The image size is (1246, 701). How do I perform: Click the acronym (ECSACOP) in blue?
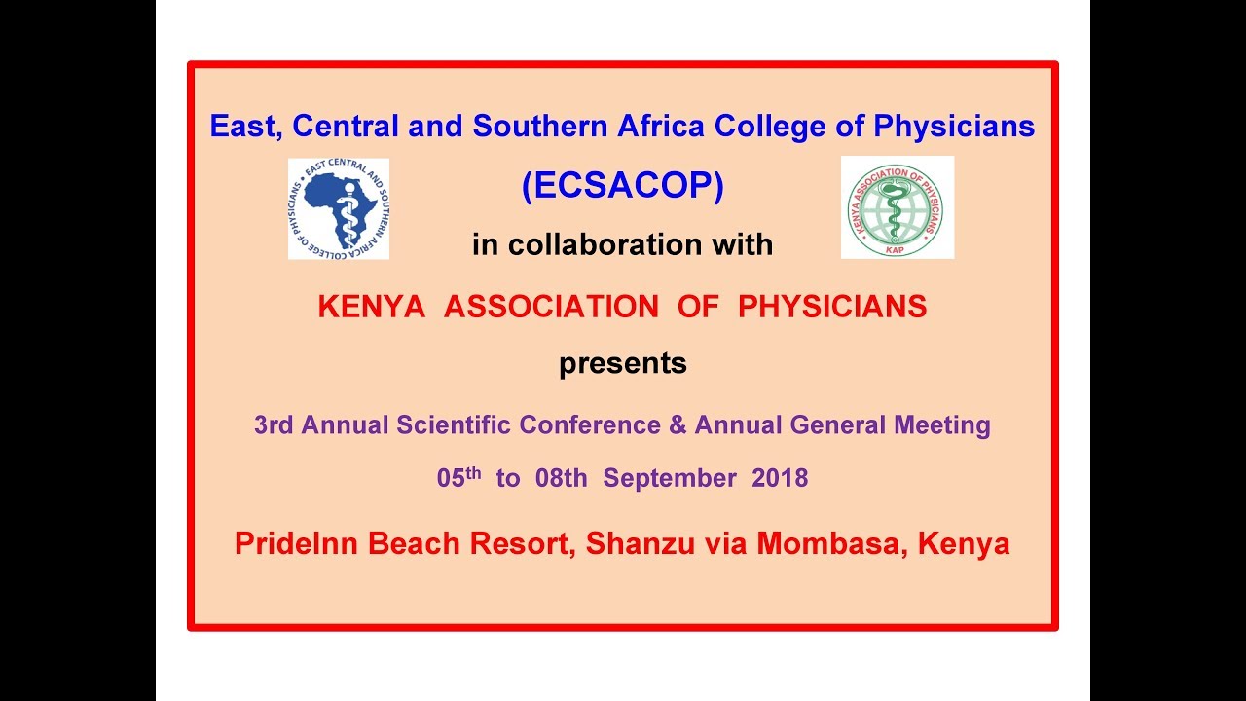pos(623,186)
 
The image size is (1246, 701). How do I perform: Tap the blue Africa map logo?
pos(339,208)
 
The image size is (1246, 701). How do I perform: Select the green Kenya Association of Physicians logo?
pos(897,207)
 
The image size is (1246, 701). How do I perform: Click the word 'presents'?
pos(623,364)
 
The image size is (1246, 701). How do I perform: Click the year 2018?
pos(780,479)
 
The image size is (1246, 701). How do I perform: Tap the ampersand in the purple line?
pos(676,425)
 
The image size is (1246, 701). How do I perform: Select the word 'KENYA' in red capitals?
pos(371,307)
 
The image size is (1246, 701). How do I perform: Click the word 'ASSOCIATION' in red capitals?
pos(551,307)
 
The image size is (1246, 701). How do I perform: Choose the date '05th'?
pos(458,477)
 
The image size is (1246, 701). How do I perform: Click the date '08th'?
pos(561,479)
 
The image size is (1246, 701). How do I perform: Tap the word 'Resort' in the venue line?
pos(519,543)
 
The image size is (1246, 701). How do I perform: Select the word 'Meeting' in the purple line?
pos(943,425)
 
